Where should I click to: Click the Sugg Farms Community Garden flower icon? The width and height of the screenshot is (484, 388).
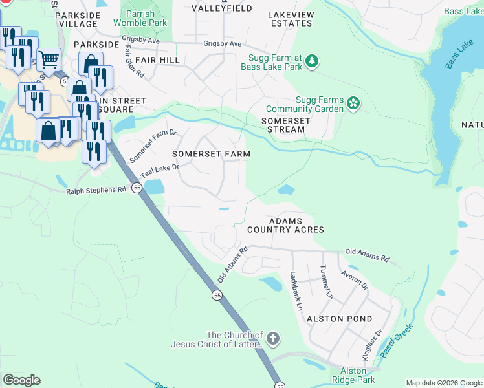353,103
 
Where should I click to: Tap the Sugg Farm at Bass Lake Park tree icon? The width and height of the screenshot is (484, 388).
313,61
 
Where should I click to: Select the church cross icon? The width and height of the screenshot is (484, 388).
273,338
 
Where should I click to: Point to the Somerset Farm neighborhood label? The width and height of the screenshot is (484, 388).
210,154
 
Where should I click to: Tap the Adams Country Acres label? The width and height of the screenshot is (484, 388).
285,226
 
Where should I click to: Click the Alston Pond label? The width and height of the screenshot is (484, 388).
339,319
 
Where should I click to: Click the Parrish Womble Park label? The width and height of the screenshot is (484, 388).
140,18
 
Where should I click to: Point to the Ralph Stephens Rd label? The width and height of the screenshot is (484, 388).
96,191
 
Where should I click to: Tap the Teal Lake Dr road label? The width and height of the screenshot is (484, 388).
159,171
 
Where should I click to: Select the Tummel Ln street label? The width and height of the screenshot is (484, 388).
325,283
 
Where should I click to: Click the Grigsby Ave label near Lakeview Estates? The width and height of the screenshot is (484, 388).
223,44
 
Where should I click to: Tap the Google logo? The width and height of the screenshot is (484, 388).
22,380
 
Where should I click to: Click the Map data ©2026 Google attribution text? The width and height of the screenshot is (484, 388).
443,383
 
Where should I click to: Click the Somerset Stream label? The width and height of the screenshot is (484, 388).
283,125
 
